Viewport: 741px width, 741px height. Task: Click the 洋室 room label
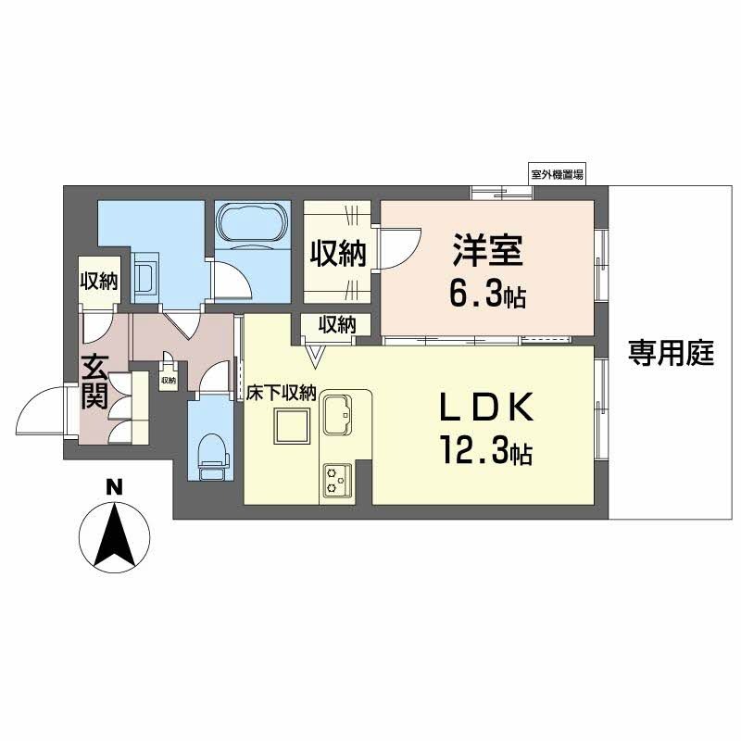click(x=487, y=251)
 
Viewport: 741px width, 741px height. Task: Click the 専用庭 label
click(x=672, y=353)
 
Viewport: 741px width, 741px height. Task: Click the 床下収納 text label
click(x=282, y=393)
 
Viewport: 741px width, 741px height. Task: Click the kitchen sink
click(x=337, y=414)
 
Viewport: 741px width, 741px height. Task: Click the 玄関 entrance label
click(x=94, y=382)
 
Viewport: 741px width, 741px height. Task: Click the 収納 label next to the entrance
click(x=97, y=282)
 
